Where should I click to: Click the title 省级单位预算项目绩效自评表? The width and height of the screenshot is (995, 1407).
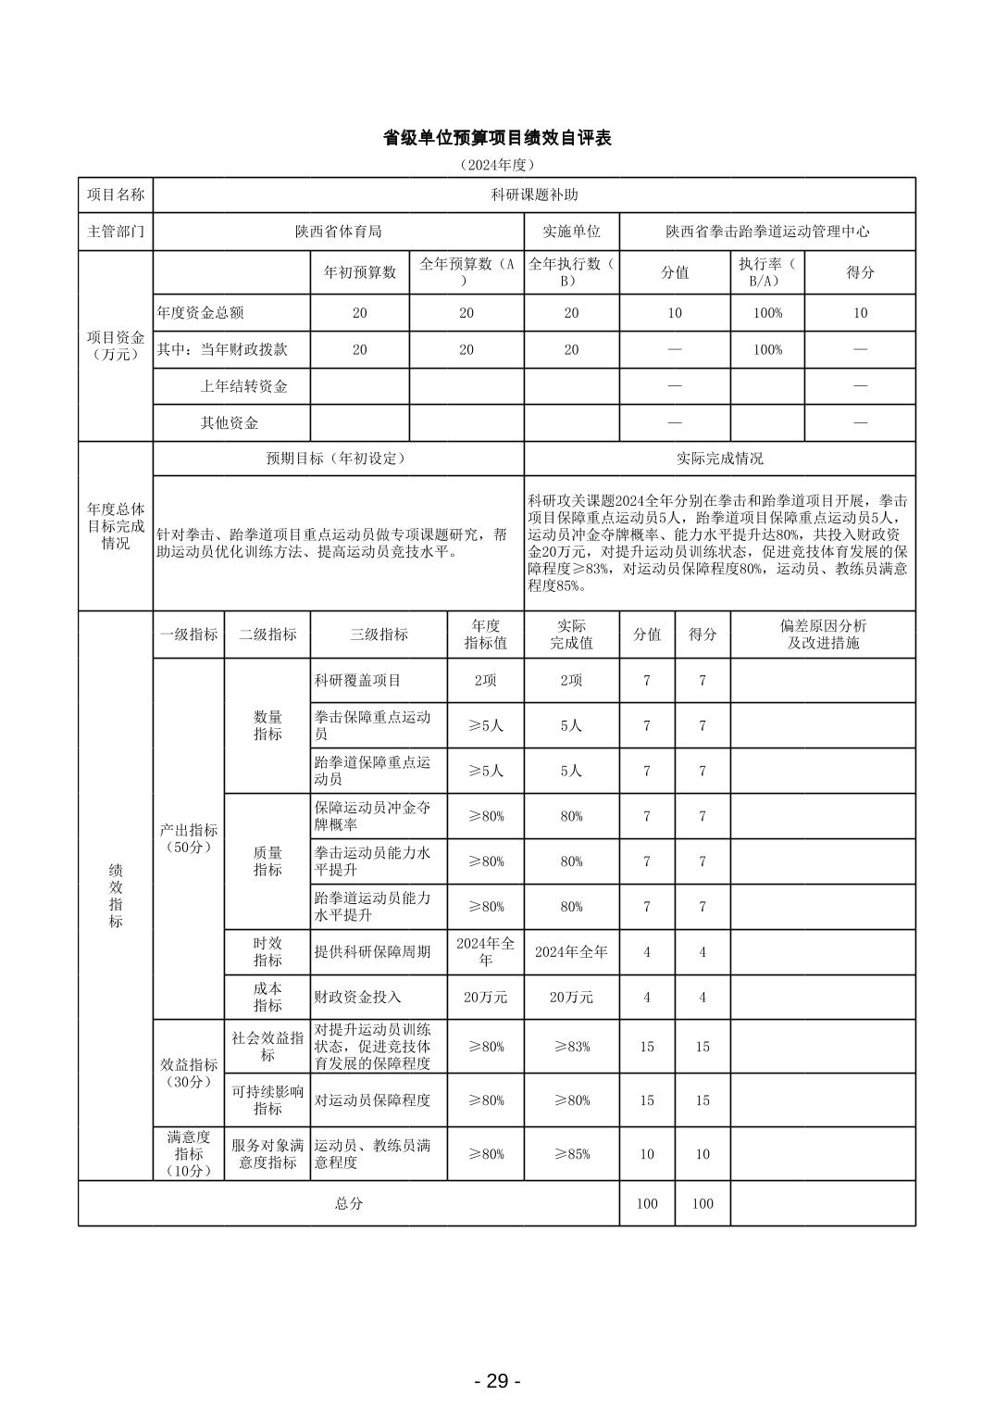pos(497,138)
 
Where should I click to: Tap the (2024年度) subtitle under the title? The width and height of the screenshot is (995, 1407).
pos(497,165)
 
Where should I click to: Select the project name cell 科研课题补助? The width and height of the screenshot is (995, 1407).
pos(534,195)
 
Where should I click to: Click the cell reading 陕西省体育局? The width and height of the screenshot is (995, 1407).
pos(338,232)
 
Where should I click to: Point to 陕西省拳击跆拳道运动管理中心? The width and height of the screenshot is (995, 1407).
pos(767,232)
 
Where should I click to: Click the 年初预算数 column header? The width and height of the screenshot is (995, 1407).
pos(359,272)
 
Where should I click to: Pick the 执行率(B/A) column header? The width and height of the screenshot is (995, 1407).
pos(767,272)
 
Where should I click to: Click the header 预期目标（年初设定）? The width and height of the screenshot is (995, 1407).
pos(338,459)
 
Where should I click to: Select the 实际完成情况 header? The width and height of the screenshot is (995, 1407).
pos(719,459)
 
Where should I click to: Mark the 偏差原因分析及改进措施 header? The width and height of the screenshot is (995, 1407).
pos(823,634)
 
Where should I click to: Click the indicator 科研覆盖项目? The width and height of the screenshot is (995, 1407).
pos(357,681)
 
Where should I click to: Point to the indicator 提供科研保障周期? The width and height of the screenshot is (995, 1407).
pos(372,951)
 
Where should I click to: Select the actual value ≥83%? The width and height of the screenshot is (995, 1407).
pos(571,1047)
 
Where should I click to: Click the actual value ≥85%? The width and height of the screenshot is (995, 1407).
pos(571,1154)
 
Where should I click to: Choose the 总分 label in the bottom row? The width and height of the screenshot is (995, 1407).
pos(349,1203)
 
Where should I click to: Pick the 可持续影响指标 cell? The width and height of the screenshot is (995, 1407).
pos(267,1100)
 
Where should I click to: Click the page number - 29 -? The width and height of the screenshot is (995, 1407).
pos(497,1381)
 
